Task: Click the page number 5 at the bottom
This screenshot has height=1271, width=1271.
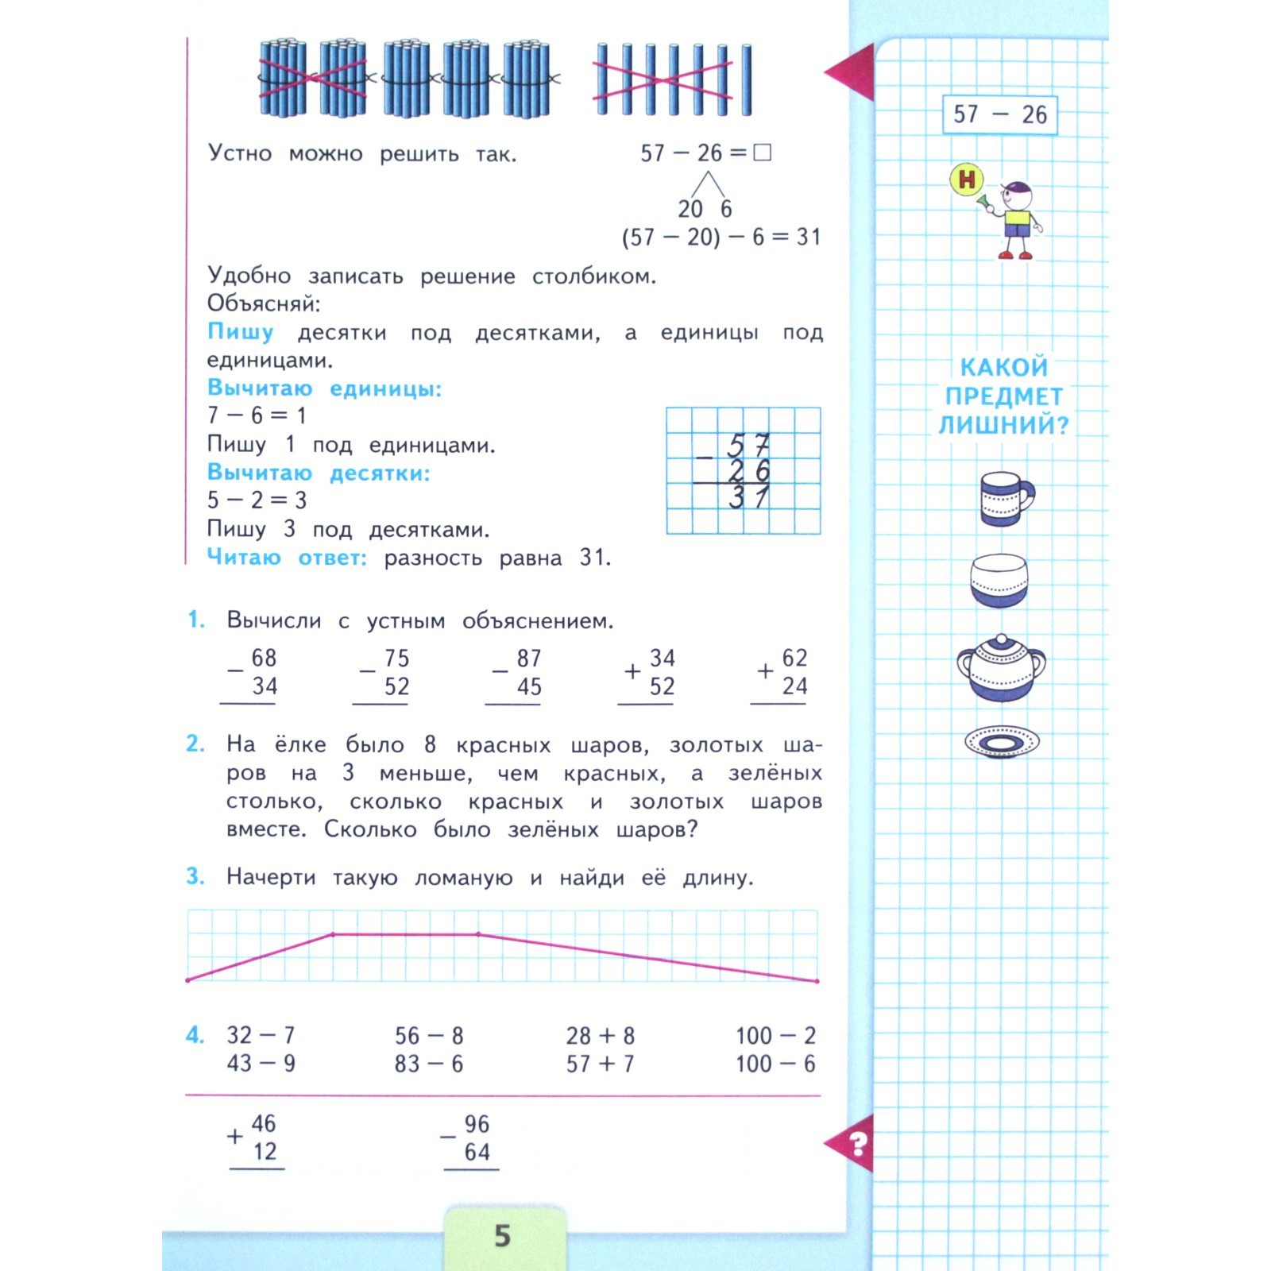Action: [x=502, y=1235]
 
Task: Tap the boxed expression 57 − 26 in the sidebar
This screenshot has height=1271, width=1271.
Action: [x=999, y=114]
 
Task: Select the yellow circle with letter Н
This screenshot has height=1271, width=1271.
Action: [x=966, y=180]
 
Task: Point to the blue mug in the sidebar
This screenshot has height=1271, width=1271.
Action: [x=1005, y=498]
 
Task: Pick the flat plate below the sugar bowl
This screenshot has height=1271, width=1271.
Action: [x=1001, y=742]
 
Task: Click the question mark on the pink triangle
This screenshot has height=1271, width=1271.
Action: [x=857, y=1145]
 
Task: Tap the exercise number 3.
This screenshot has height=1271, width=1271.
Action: [x=195, y=876]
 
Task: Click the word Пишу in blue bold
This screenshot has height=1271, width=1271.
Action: [x=240, y=331]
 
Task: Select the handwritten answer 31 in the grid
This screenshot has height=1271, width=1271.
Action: [x=748, y=498]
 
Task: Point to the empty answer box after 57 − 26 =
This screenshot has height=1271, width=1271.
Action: [x=762, y=152]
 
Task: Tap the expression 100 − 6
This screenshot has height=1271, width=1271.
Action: [x=775, y=1063]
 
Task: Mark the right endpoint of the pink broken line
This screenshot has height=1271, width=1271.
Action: [x=817, y=981]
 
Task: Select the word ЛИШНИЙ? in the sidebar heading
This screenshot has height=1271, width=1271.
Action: [x=1003, y=425]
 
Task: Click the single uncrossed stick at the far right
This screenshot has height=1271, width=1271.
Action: [x=746, y=79]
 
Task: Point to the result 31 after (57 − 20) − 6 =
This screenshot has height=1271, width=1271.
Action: [x=808, y=237]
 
